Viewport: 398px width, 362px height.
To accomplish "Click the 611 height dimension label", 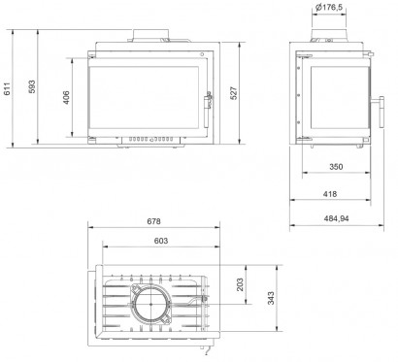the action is click(x=7, y=89).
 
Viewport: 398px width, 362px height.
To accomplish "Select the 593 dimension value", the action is click(x=32, y=86).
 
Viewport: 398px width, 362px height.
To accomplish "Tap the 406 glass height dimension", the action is click(x=66, y=97).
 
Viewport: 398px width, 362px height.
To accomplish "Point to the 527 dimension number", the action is click(x=234, y=93).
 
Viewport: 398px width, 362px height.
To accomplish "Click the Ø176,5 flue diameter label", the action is click(x=329, y=7).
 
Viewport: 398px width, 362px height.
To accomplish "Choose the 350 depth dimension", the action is click(x=336, y=167).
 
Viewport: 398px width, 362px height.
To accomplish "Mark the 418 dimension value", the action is click(x=330, y=194).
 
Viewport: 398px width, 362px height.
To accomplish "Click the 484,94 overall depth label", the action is click(x=337, y=218).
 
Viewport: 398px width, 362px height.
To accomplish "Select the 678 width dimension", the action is click(x=153, y=221).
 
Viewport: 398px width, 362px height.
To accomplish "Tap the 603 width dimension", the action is click(x=161, y=241).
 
